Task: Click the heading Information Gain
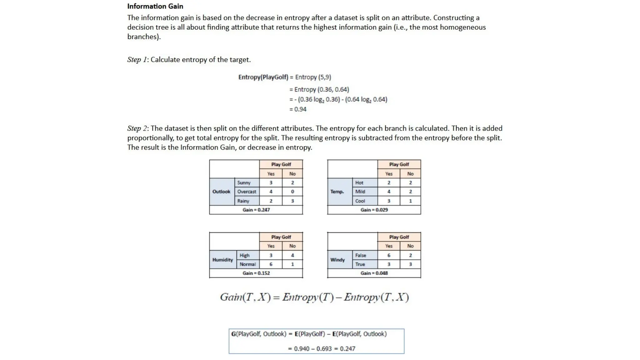coord(155,6)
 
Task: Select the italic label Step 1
coord(137,60)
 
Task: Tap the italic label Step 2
coord(137,128)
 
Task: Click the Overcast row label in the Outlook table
coord(247,192)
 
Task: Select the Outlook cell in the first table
coord(221,192)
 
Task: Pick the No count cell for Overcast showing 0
coord(292,192)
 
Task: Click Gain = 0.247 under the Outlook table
coord(256,210)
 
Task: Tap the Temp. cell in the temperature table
coord(337,192)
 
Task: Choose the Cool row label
coord(360,201)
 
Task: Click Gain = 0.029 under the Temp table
coord(374,210)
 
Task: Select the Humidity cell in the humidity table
coord(222,260)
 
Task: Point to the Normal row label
coord(247,264)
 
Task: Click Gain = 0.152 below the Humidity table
coord(256,273)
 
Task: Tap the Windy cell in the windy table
coord(337,260)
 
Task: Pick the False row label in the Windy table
coord(360,255)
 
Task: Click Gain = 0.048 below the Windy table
coord(374,273)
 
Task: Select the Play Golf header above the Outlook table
coord(281,164)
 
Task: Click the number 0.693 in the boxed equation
coord(324,349)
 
